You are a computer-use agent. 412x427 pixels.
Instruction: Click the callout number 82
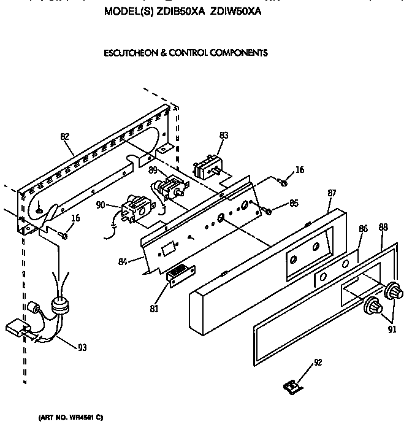(65, 137)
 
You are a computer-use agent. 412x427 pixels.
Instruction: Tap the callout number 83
(224, 135)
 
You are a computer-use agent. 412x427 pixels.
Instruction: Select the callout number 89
(153, 170)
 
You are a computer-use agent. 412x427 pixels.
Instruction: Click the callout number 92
(317, 363)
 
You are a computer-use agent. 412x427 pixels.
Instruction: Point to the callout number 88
(384, 226)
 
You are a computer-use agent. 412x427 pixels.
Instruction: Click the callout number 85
(294, 203)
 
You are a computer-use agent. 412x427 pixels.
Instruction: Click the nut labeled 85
(268, 212)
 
